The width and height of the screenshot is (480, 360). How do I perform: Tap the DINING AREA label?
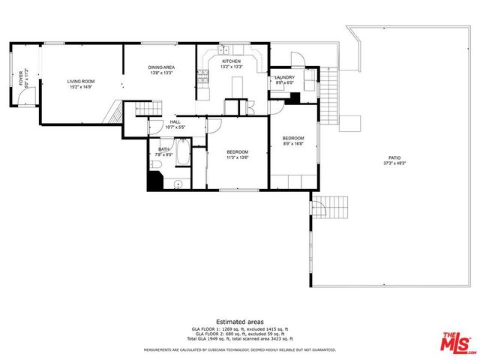point(161,67)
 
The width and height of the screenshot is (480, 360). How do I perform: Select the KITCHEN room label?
point(230,61)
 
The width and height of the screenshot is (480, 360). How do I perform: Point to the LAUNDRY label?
point(284,77)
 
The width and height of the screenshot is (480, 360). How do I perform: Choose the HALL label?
point(175,121)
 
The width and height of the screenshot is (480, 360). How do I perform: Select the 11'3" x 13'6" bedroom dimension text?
point(237,157)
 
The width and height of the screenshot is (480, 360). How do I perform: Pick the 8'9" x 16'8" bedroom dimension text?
point(293,144)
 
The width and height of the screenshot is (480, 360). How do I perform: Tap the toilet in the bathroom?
point(156,164)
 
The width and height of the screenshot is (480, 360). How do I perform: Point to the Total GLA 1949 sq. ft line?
point(239,339)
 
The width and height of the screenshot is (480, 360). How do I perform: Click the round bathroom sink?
point(178,184)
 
